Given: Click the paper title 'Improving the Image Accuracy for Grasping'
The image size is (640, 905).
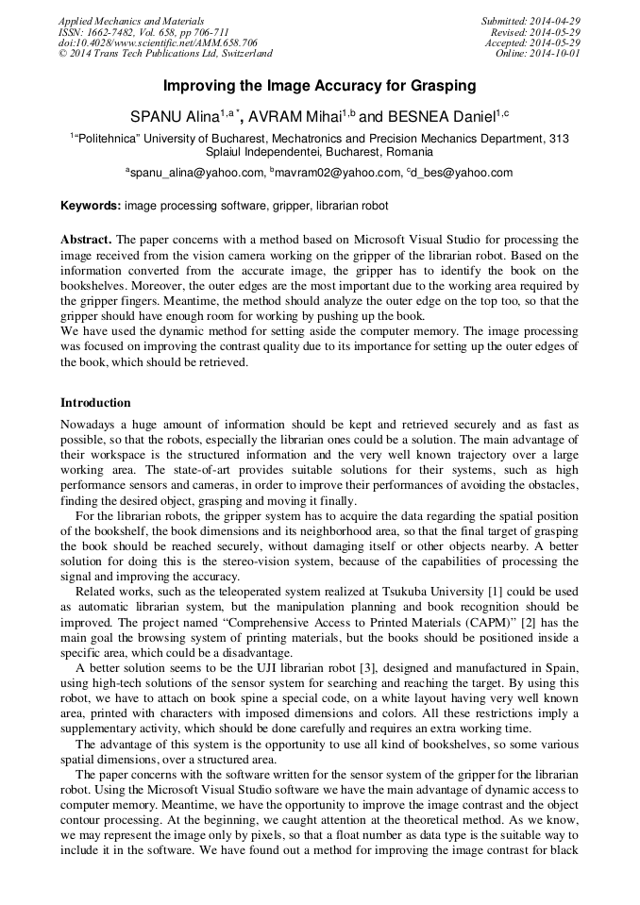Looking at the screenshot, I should (x=319, y=86).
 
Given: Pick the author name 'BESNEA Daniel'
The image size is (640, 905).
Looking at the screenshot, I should (x=439, y=117).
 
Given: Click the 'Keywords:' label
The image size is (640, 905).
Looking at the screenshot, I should (x=91, y=205).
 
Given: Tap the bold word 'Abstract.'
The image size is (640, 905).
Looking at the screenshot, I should (x=86, y=241).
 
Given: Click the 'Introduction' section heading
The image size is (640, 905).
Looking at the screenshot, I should (x=95, y=403).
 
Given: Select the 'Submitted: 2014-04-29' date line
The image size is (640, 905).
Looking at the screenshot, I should (x=531, y=21).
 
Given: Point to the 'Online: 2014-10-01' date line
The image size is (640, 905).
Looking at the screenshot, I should (x=538, y=55).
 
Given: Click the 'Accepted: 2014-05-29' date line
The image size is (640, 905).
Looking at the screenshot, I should (x=532, y=43).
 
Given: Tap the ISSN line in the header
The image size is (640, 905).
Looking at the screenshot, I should (x=143, y=32).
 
